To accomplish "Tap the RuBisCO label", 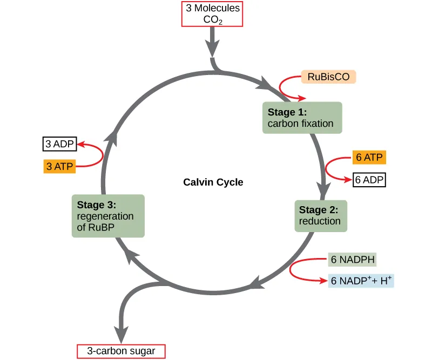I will pos(328,77).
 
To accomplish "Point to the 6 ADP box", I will pos(369,180).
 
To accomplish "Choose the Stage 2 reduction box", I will pos(320,215).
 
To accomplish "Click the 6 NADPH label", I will pos(353,260).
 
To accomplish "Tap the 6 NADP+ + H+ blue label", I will pos(361,281).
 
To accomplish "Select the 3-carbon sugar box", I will pos(121,351).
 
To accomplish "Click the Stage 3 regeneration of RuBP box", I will pos(108,216).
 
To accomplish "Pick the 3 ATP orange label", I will pos(59,166).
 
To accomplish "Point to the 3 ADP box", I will pos(60,144).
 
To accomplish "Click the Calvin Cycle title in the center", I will pos(213,182).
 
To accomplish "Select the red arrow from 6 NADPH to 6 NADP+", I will pos(293,270).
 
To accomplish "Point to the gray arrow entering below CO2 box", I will pos(213,45).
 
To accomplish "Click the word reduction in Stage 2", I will pos(320,221).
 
